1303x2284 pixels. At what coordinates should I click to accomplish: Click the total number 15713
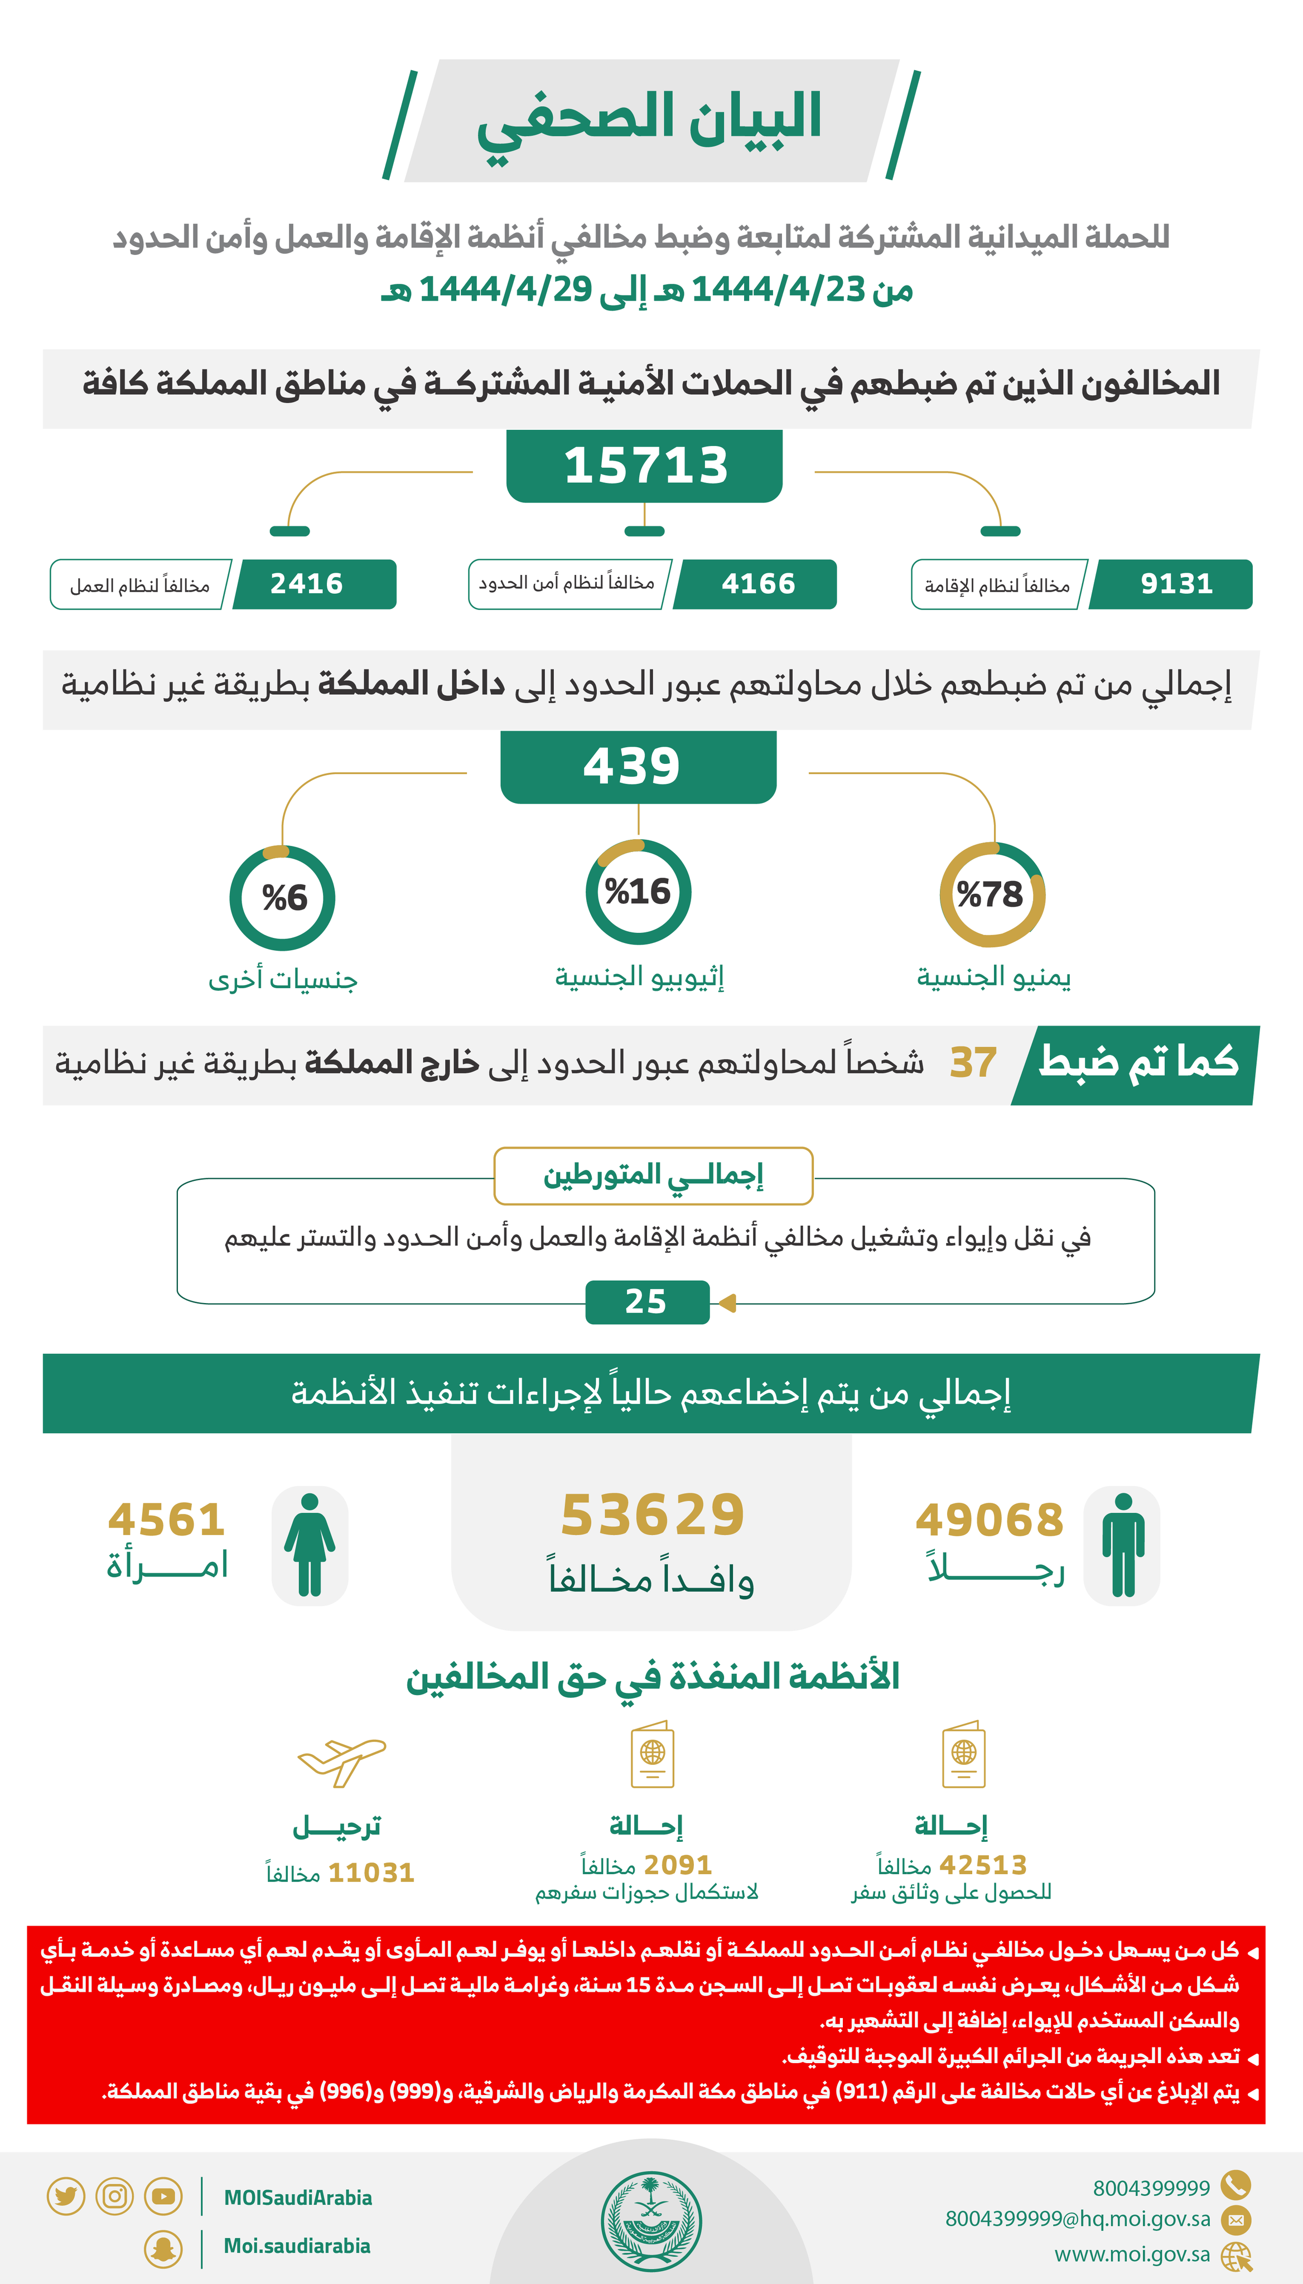pos(645,466)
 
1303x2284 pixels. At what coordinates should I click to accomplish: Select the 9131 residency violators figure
pos(1176,584)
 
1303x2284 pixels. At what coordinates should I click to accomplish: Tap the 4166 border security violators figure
pos(758,584)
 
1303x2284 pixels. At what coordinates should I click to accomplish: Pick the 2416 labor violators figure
pos(306,584)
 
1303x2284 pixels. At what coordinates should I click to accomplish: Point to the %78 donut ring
pos(992,894)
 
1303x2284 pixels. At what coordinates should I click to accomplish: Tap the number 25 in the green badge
pos(646,1301)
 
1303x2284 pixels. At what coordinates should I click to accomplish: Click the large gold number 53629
pos(653,1516)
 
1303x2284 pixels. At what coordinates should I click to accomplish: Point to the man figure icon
pos(1122,1545)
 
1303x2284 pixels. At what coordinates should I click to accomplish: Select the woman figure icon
pos(310,1545)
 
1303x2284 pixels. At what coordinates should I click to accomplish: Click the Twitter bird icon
pos(65,2196)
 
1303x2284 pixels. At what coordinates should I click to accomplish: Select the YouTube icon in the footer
pos(163,2196)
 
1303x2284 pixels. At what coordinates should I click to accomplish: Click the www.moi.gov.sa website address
pos(1132,2254)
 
